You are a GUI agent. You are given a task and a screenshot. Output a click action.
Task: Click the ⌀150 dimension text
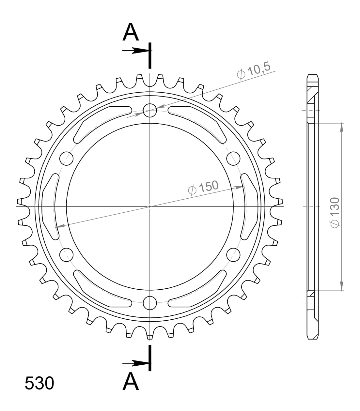pyautogui.click(x=203, y=187)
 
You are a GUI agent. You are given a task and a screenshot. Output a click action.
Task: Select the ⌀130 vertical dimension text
pyautogui.click(x=335, y=212)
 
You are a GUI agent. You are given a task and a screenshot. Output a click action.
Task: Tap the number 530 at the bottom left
pyautogui.click(x=39, y=383)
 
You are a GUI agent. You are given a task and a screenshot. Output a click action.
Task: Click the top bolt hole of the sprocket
pyautogui.click(x=150, y=110)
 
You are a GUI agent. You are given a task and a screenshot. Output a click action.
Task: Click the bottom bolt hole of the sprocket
pyautogui.click(x=150, y=303)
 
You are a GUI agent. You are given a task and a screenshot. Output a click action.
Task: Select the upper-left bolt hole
pyautogui.click(x=67, y=158)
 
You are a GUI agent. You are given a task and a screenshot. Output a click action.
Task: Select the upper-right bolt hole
pyautogui.click(x=233, y=158)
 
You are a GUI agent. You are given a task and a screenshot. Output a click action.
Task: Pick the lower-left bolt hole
pyautogui.click(x=67, y=254)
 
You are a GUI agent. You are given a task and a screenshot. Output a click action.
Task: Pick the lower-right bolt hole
pyautogui.click(x=233, y=254)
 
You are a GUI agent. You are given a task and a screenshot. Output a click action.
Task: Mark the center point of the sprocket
pyautogui.click(x=150, y=206)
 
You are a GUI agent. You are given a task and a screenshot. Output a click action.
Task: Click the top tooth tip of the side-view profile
pyautogui.click(x=313, y=75)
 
